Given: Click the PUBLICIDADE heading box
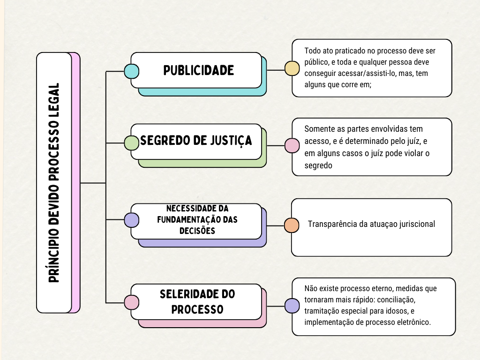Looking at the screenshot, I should coord(198,70).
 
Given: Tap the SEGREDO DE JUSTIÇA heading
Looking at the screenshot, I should coord(196,141).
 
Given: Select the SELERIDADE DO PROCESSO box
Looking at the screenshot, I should coord(197,302).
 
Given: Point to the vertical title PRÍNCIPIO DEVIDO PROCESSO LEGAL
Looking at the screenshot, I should coord(54,183).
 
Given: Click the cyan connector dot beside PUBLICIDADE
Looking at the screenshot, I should coord(131,71).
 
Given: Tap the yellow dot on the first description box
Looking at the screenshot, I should coord(292,68).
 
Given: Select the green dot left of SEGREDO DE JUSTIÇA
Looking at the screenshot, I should coord(131,143).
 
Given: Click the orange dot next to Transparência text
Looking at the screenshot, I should coord(292,225).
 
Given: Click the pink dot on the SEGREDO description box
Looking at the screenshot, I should coord(292,146).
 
